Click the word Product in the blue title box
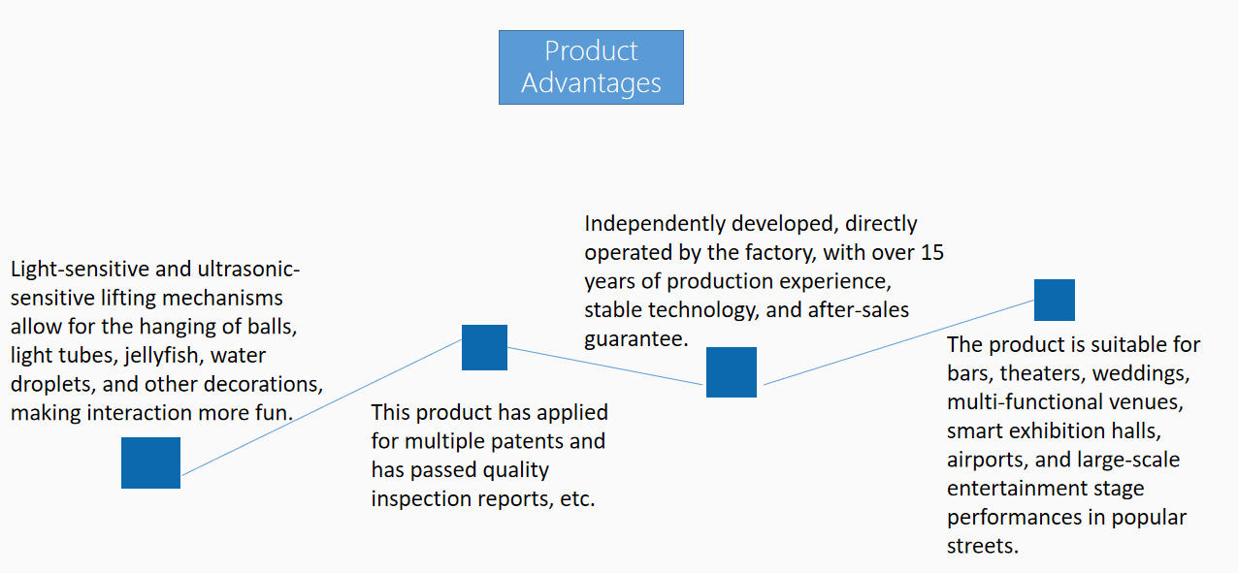pyautogui.click(x=591, y=50)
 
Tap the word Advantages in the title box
pyautogui.click(x=591, y=83)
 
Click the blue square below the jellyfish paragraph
pyautogui.click(x=150, y=462)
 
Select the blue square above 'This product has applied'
pyautogui.click(x=484, y=347)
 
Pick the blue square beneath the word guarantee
pyautogui.click(x=731, y=372)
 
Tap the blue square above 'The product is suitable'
pyautogui.click(x=1054, y=300)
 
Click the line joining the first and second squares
pyautogui.click(x=320, y=407)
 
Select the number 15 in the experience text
pyautogui.click(x=930, y=253)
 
